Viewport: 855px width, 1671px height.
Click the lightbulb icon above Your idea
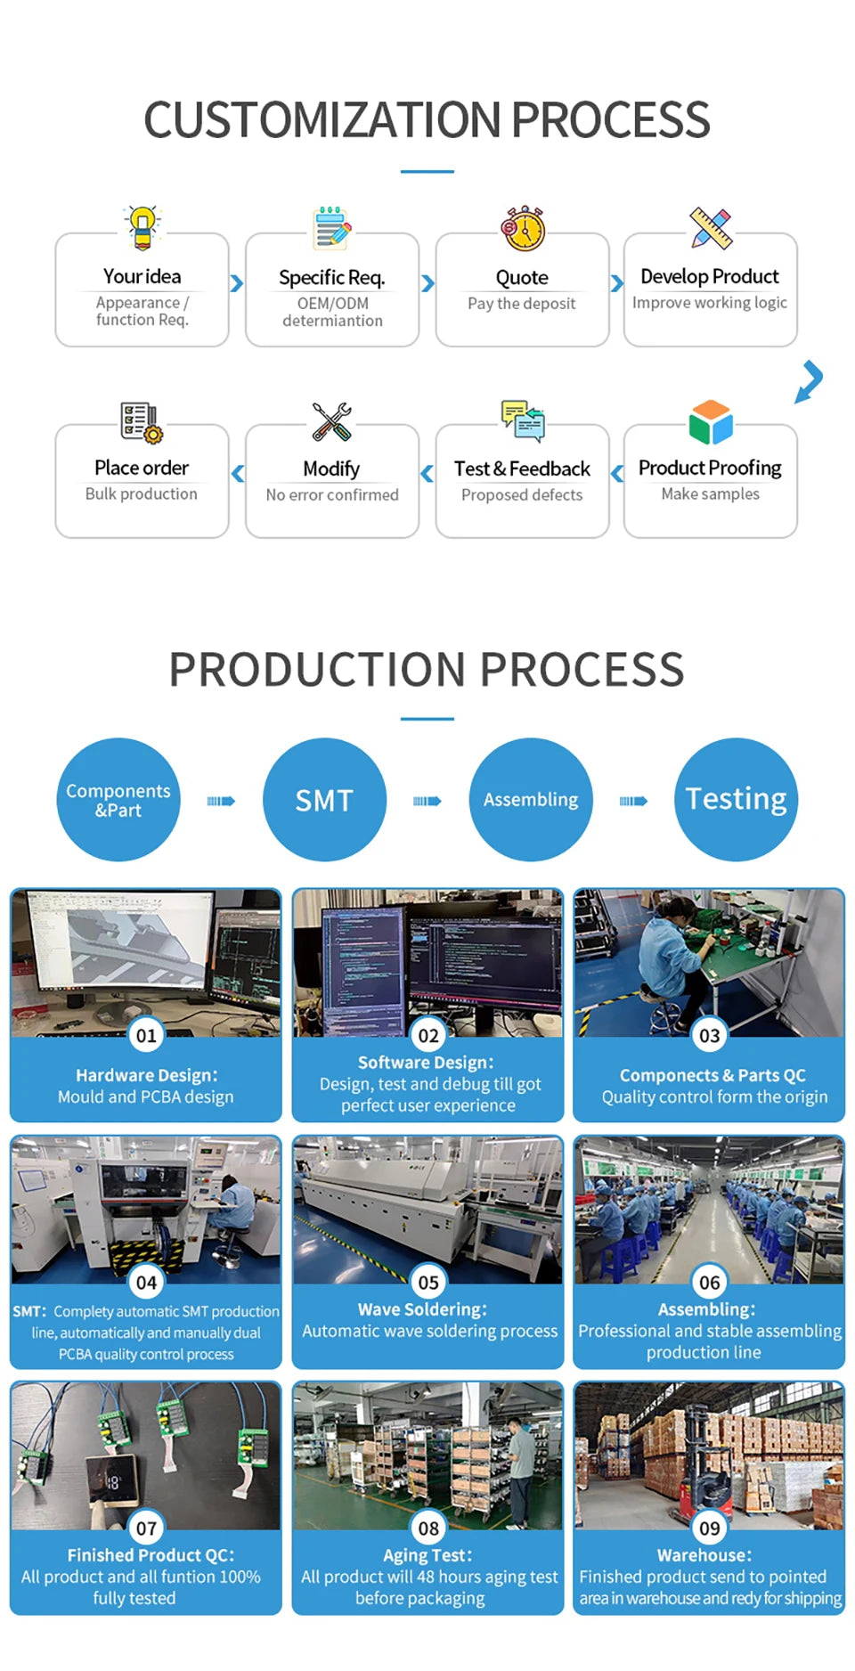pyautogui.click(x=142, y=227)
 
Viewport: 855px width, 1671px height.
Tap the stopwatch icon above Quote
pyautogui.click(x=523, y=229)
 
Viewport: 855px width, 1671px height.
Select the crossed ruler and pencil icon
pyautogui.click(x=711, y=228)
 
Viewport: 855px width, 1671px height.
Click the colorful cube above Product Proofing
pyautogui.click(x=711, y=422)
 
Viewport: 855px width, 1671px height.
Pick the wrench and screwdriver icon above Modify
pyautogui.click(x=331, y=421)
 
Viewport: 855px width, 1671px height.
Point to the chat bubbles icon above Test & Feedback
pyautogui.click(x=523, y=420)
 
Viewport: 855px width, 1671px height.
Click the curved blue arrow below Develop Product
pyautogui.click(x=810, y=381)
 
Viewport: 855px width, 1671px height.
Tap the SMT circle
pyautogui.click(x=325, y=800)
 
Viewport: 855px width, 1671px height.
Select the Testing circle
pyautogui.click(x=737, y=800)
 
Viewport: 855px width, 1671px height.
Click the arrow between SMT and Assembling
pyautogui.click(x=427, y=801)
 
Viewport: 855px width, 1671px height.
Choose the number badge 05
pyautogui.click(x=428, y=1283)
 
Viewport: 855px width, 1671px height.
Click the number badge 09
pyautogui.click(x=710, y=1528)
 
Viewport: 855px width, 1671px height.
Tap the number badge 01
pyautogui.click(x=146, y=1035)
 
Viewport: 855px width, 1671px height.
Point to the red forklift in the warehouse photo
pyautogui.click(x=709, y=1460)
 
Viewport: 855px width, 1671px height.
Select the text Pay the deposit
pyautogui.click(x=522, y=304)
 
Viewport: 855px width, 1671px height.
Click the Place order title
pyautogui.click(x=142, y=468)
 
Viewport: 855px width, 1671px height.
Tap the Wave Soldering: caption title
pyautogui.click(x=422, y=1309)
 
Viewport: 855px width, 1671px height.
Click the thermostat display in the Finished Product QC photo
pyautogui.click(x=113, y=1482)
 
